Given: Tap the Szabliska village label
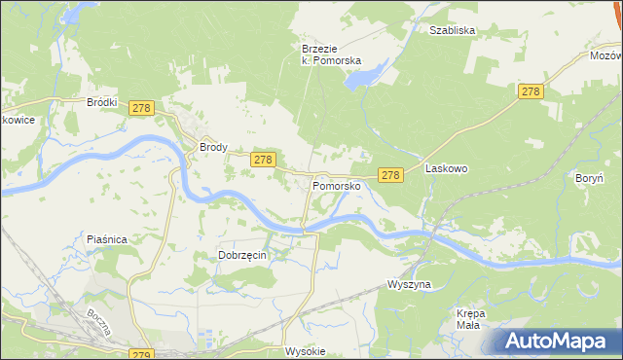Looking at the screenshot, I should click(452, 30).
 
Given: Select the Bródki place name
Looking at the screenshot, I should click(102, 101).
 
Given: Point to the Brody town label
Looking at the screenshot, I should click(213, 148).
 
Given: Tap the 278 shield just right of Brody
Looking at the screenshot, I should click(263, 159).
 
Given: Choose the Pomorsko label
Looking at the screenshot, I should click(337, 185).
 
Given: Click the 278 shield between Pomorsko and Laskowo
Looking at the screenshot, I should click(390, 175).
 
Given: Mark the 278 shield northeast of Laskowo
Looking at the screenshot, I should click(530, 91).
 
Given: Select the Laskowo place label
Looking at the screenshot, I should click(447, 168).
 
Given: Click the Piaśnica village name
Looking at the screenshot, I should click(108, 238).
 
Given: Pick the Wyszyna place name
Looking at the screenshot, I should click(409, 284).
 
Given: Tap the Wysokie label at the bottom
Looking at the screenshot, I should click(304, 351).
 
